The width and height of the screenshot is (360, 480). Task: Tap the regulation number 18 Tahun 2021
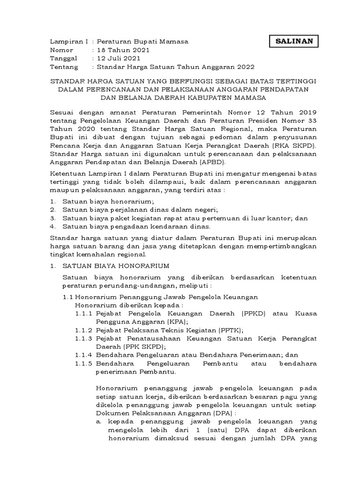123,50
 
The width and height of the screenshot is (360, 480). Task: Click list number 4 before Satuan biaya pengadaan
52,227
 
